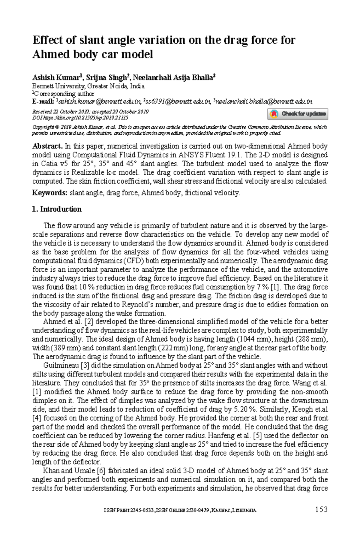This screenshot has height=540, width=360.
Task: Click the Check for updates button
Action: click(x=298, y=114)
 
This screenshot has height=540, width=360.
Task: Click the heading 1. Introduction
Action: click(x=57, y=209)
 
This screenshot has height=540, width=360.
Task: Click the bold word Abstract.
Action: click(x=47, y=146)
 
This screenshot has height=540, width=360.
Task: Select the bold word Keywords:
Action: click(x=50, y=193)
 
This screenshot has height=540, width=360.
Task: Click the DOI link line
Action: click(x=80, y=118)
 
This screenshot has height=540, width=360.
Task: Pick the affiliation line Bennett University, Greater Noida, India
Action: click(x=88, y=86)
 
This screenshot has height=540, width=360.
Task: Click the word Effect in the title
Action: click(x=47, y=40)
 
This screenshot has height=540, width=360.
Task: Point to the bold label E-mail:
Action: click(x=43, y=101)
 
